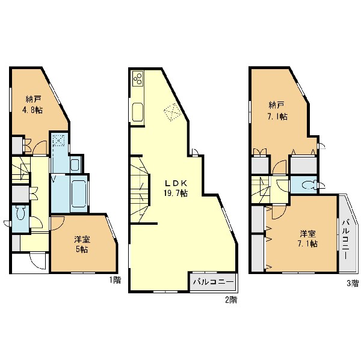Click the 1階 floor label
click(x=114, y=280)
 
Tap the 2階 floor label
click(x=230, y=300)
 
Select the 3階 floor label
click(x=353, y=283)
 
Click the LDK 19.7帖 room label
click(x=176, y=188)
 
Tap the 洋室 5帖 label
click(x=82, y=244)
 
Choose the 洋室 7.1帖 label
click(x=307, y=239)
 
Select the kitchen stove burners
click(x=138, y=78)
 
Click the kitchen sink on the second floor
click(x=138, y=112)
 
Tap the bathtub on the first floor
click(x=79, y=194)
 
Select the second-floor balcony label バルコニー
click(x=214, y=282)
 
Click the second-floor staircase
click(x=140, y=189)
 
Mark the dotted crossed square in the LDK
click(x=171, y=112)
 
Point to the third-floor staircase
click(x=261, y=190)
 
